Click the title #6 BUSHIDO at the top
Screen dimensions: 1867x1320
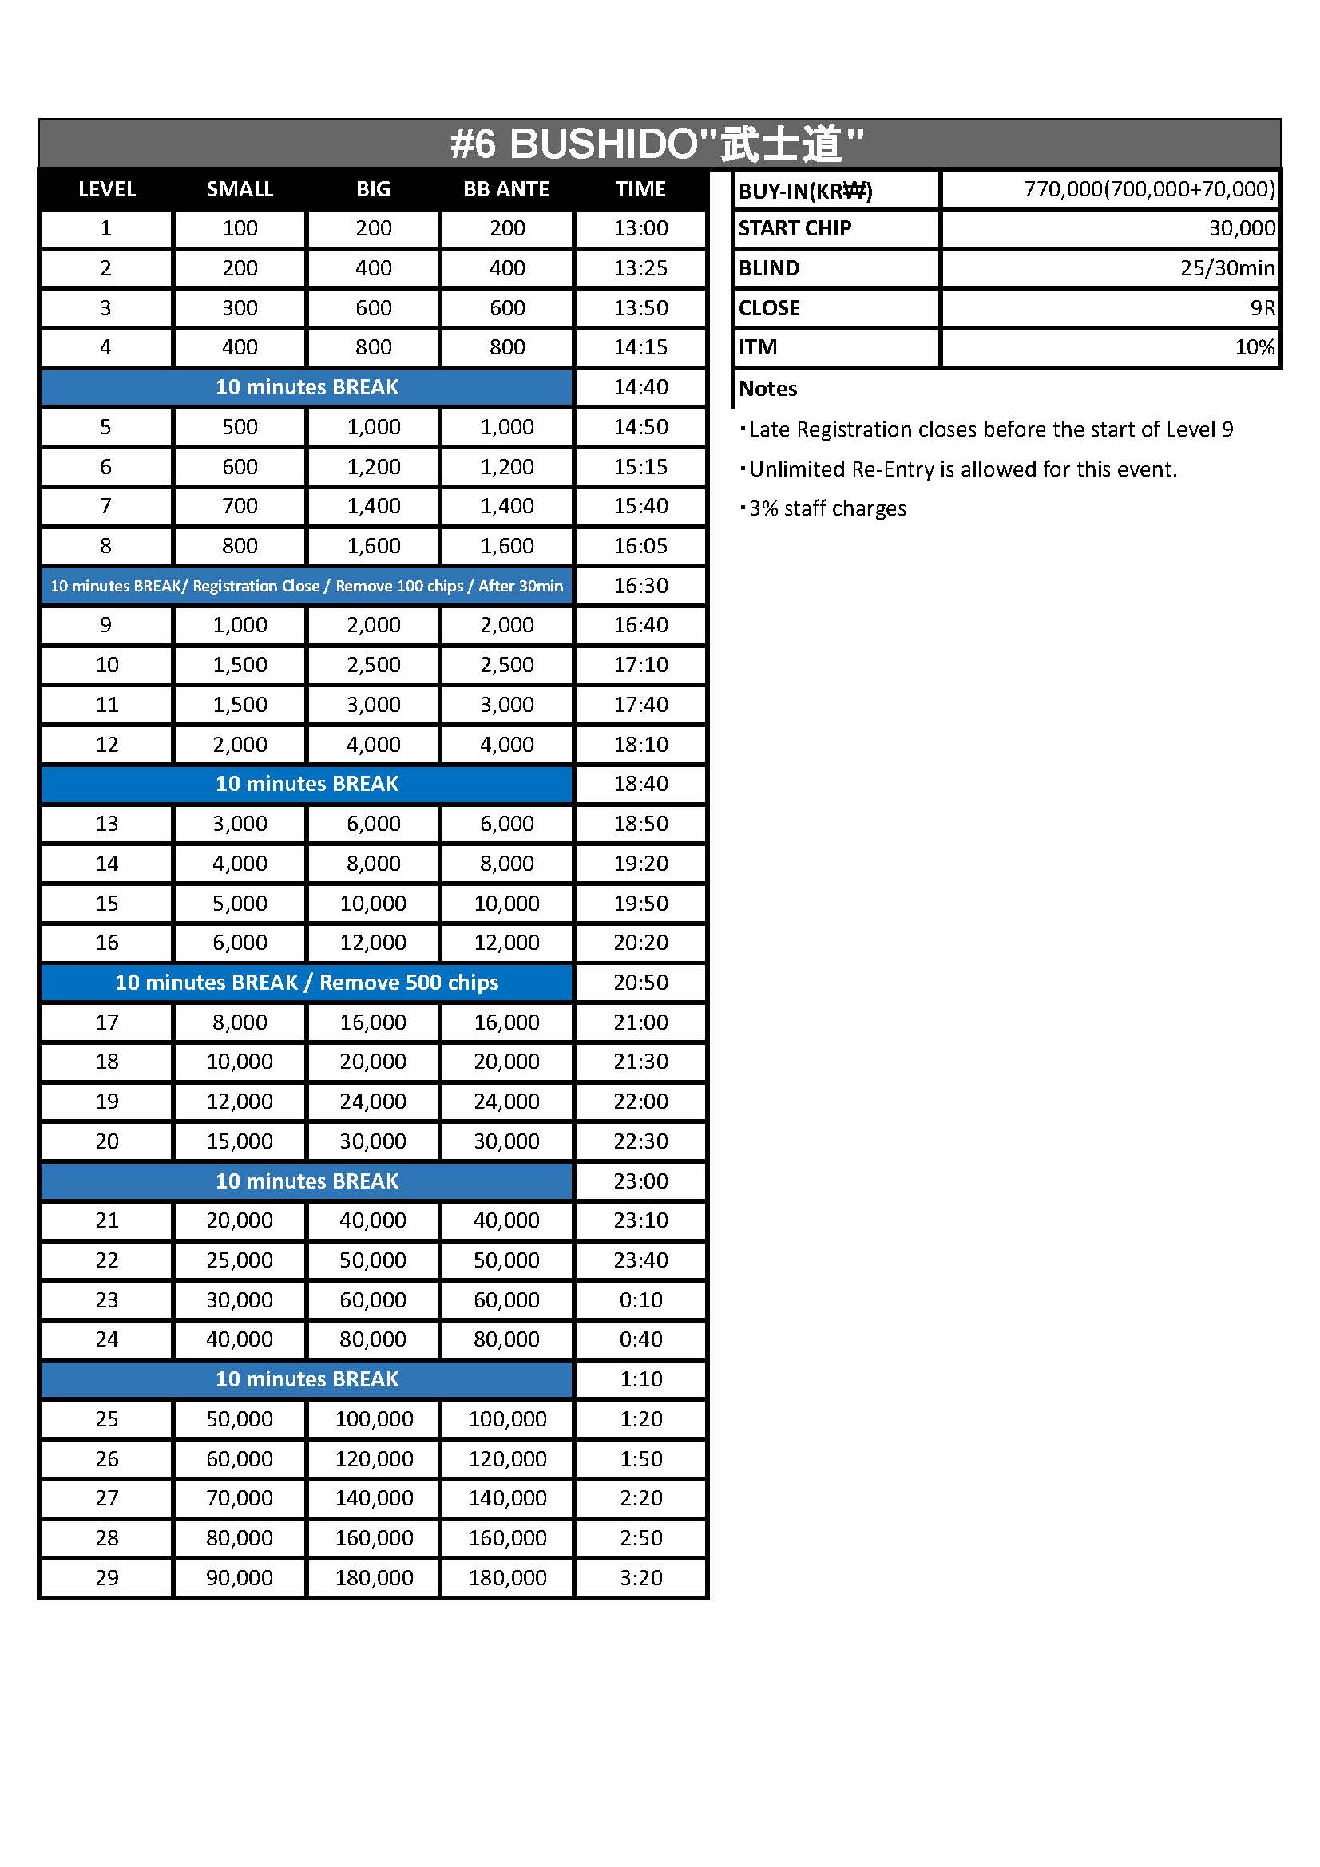(x=657, y=144)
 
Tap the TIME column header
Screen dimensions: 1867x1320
(x=640, y=189)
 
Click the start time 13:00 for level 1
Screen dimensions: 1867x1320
(x=640, y=228)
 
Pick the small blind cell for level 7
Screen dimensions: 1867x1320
(x=240, y=506)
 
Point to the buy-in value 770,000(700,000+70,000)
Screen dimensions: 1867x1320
(x=1148, y=189)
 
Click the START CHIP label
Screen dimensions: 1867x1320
(x=794, y=228)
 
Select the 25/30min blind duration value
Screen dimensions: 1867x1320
(x=1227, y=268)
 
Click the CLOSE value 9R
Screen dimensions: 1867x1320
(x=1262, y=308)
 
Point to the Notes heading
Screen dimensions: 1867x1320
(x=767, y=389)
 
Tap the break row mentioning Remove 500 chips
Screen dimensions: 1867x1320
(x=307, y=983)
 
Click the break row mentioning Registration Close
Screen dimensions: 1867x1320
(x=307, y=585)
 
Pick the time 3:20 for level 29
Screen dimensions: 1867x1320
(x=640, y=1577)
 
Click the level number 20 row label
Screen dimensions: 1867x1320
(x=106, y=1141)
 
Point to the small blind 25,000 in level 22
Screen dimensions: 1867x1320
(x=240, y=1260)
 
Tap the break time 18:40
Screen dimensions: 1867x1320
(x=640, y=784)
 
